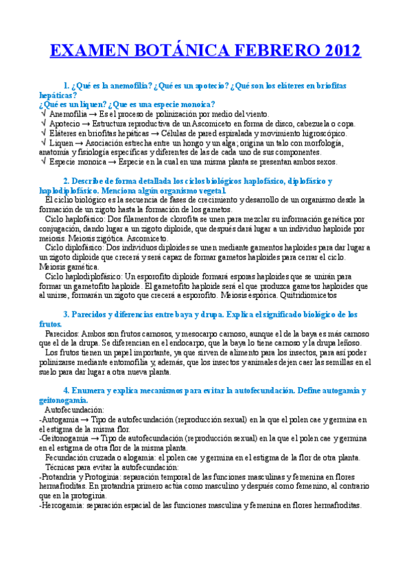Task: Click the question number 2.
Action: (x=65, y=181)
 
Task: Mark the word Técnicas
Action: (x=60, y=467)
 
